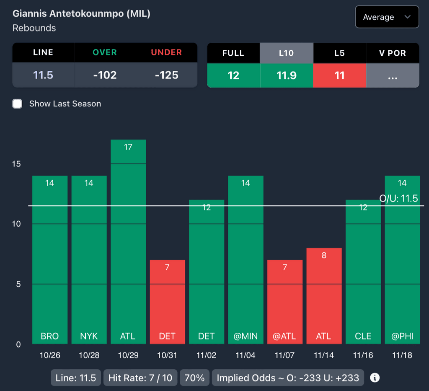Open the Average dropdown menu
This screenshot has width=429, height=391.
[x=387, y=17]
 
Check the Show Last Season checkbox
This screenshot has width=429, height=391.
[x=17, y=104]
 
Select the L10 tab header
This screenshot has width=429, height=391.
[x=287, y=53]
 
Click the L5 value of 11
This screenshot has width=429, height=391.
[x=339, y=75]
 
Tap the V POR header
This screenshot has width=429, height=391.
[x=393, y=53]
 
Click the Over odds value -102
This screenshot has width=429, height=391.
[x=105, y=75]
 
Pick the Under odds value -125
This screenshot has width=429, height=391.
[x=166, y=75]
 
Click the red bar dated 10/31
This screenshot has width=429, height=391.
[x=167, y=302]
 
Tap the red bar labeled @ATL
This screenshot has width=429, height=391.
[x=285, y=302]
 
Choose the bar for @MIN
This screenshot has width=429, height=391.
[x=246, y=260]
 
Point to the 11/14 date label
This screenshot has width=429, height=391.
[x=324, y=355]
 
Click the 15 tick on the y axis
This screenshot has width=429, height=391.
[x=16, y=164]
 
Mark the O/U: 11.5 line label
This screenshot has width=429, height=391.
[x=398, y=198]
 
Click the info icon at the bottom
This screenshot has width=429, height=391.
[x=375, y=378]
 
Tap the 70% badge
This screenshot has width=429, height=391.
[x=194, y=378]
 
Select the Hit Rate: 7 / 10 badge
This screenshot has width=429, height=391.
[x=140, y=378]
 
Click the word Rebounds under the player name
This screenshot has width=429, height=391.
[x=34, y=28]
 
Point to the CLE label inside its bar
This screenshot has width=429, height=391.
[x=363, y=336]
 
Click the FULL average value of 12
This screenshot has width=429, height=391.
[x=233, y=75]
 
